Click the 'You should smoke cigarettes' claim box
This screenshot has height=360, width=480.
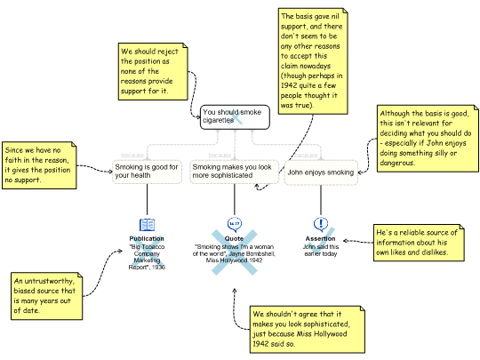coord(235,116)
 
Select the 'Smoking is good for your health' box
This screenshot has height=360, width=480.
coord(148,172)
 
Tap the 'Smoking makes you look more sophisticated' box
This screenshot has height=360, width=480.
coord(233,172)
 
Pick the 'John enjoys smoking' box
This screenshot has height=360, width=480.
coord(321,172)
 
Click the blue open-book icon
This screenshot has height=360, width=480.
coord(148,226)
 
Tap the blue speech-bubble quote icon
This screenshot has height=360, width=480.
coord(235,223)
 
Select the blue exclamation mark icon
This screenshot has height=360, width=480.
coord(321,224)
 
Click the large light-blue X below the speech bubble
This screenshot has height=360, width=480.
coord(235,251)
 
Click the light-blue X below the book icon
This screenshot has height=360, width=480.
coord(148,250)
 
